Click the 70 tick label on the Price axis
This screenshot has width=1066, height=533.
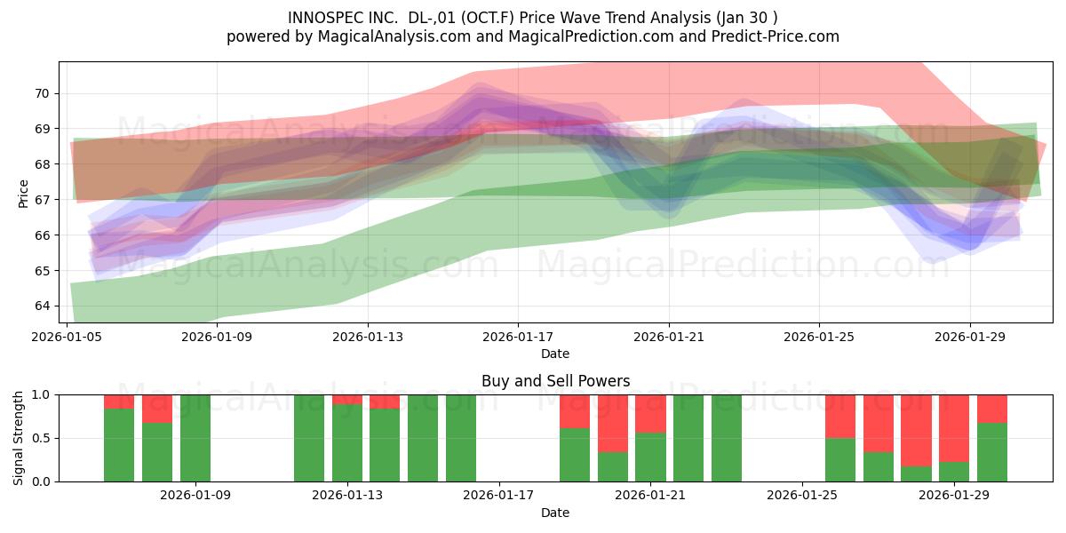point(42,93)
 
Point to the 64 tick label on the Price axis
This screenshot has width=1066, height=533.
point(42,306)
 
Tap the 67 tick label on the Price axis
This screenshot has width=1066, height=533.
point(42,199)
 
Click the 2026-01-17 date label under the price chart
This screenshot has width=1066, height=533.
point(518,337)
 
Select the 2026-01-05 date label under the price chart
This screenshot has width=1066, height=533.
point(67,337)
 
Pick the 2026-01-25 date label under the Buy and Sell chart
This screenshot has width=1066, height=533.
point(802,495)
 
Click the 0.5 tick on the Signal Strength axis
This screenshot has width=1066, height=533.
point(42,438)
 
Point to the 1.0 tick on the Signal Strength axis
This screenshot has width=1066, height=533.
point(42,395)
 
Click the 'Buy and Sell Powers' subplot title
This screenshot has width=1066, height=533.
point(555,381)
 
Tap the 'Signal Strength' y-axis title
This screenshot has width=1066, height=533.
point(18,438)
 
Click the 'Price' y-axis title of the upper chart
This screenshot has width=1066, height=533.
point(23,194)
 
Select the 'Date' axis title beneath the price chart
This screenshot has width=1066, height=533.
point(555,354)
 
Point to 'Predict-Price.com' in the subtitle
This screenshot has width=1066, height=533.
point(776,36)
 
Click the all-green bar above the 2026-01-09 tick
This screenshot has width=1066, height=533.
point(195,438)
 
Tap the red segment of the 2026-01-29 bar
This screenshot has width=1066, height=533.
point(954,428)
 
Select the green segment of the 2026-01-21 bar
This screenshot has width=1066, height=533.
point(650,457)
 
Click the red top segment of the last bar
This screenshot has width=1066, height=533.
point(992,409)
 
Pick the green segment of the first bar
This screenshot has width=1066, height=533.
point(119,445)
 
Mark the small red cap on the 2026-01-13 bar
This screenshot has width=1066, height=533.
point(347,399)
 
